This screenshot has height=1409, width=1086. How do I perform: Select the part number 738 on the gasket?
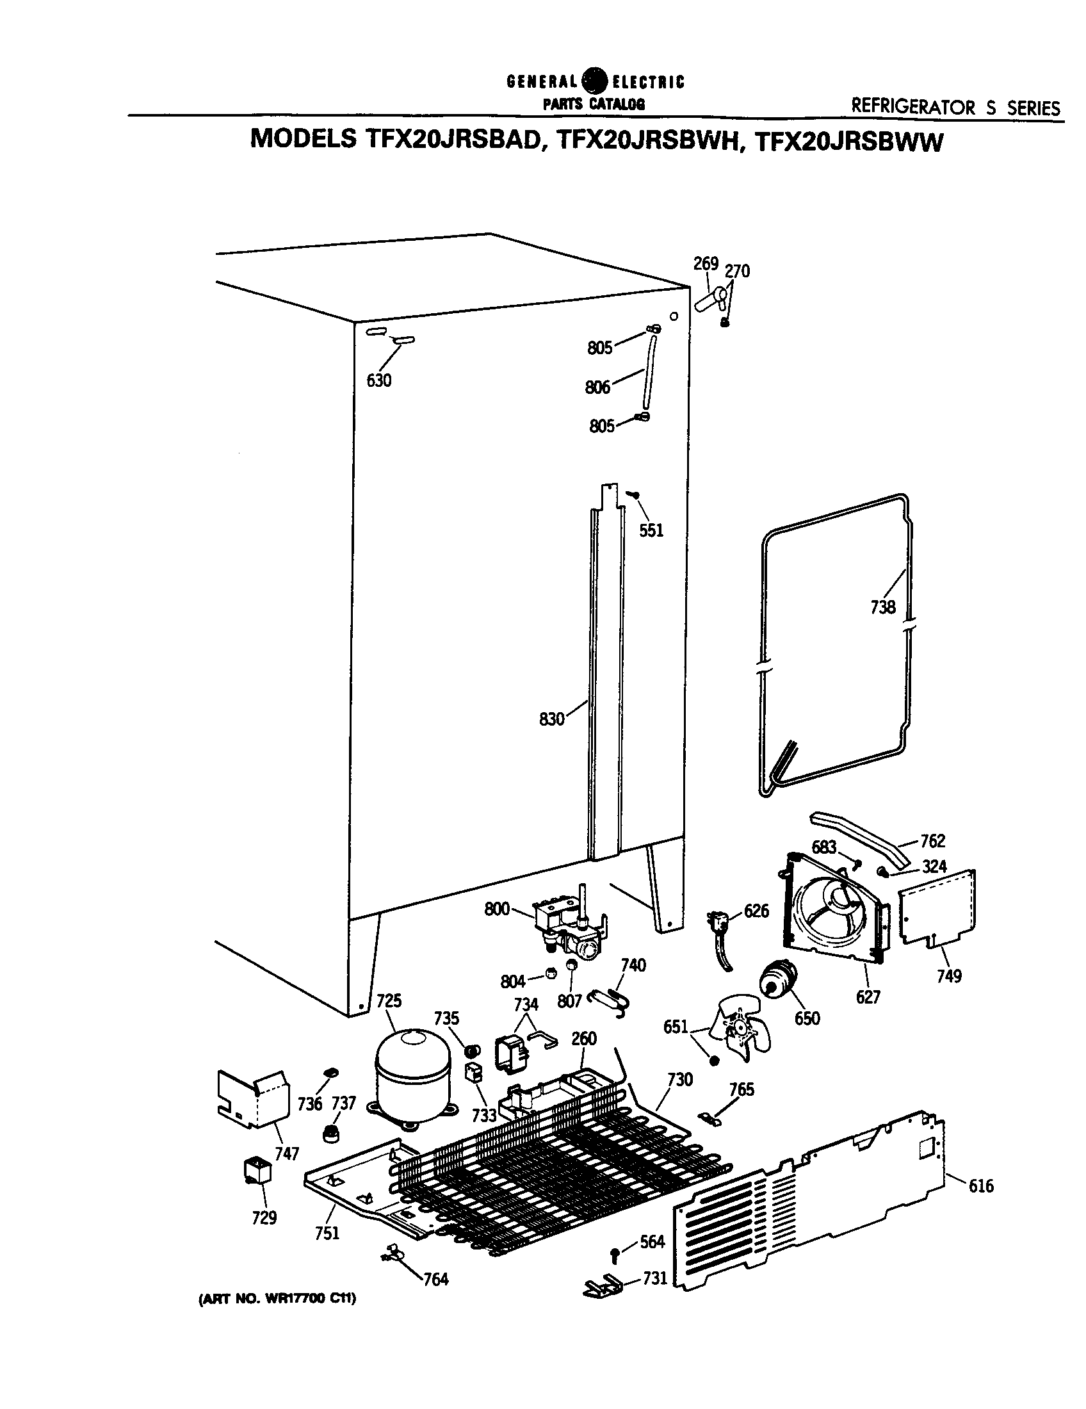point(882,607)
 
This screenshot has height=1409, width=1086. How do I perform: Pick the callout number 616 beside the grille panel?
point(981,1185)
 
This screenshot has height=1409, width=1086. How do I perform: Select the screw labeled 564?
point(615,1255)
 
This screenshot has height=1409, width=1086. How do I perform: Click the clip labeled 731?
point(603,1286)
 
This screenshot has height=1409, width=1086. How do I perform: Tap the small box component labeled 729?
point(256,1169)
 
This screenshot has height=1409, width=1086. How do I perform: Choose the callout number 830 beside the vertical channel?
point(551,719)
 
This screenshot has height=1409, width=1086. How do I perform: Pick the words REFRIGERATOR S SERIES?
point(955,107)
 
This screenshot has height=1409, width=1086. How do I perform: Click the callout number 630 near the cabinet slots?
point(378,380)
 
